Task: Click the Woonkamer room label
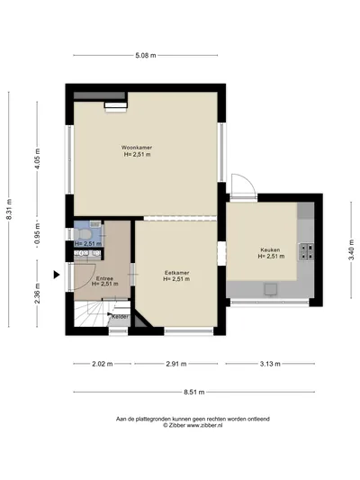point(137,148)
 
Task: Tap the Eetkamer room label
point(176,273)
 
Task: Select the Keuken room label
point(270,249)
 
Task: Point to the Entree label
point(104,278)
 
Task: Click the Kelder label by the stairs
point(121,317)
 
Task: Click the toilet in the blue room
point(83,235)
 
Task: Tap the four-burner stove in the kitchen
point(306,251)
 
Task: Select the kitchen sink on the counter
point(271,290)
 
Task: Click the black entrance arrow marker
point(57,275)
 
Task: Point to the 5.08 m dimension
point(146,56)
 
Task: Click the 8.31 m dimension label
point(9,209)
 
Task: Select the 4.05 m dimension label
point(37,158)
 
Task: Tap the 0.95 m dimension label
point(37,233)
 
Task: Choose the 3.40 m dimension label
point(351,249)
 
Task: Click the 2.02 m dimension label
point(103,364)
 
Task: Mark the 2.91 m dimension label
point(176,364)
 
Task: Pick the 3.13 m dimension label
point(270,364)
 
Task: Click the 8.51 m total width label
point(194,392)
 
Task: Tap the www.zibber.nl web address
point(204,425)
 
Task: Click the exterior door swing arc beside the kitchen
point(250,180)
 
